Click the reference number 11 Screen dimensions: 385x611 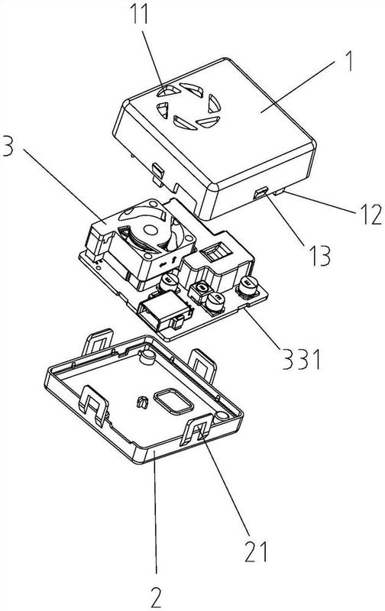(139, 13)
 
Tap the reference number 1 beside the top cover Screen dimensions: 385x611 (349, 61)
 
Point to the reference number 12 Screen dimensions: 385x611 (371, 214)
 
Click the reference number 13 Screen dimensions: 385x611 (319, 256)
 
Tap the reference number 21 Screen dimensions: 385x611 (256, 551)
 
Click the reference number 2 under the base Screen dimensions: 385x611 (156, 596)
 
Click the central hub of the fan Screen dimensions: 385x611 (151, 229)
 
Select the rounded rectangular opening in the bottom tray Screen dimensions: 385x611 (173, 402)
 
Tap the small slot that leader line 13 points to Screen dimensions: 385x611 (260, 192)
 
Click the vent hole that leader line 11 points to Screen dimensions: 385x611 (169, 91)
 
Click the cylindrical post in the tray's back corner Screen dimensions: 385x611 (147, 357)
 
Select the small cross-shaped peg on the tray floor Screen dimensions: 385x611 (143, 402)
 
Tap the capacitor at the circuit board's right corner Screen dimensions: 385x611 (247, 289)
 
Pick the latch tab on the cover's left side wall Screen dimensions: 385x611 (157, 174)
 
